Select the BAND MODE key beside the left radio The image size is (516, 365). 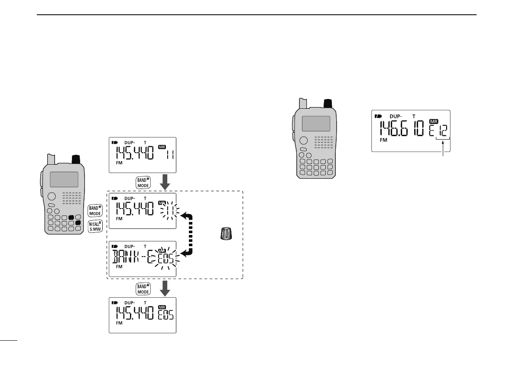click(x=95, y=210)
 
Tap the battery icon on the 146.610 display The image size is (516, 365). click(x=379, y=117)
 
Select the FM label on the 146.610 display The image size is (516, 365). click(x=383, y=140)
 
